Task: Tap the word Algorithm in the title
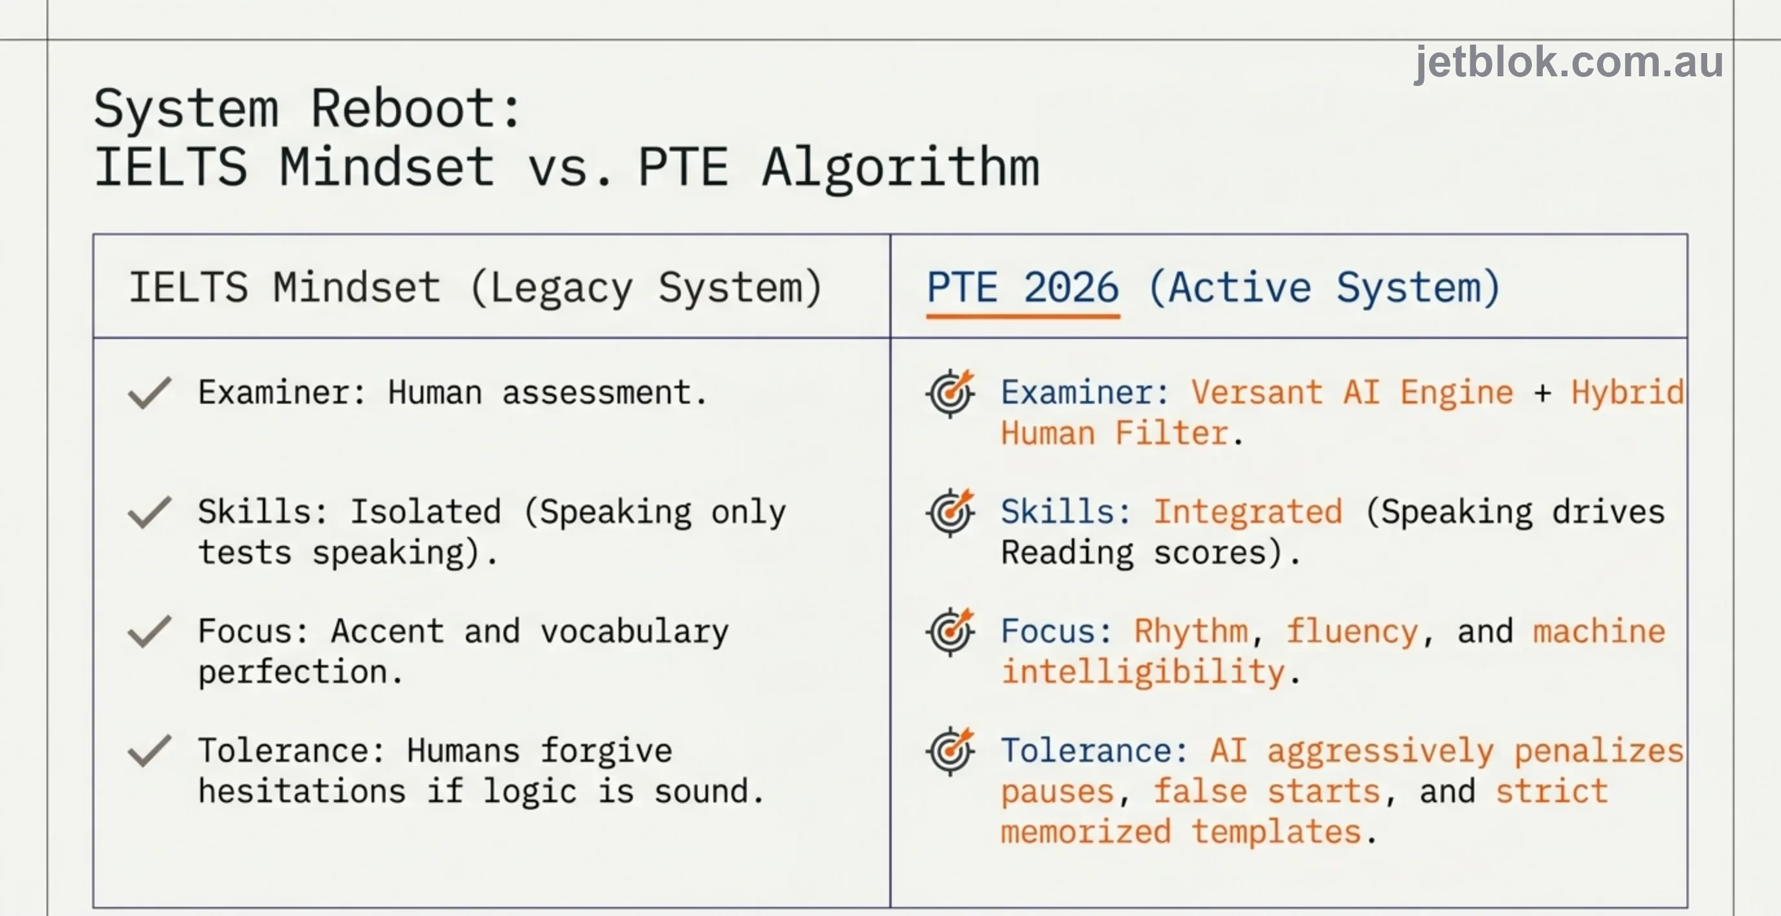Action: (901, 169)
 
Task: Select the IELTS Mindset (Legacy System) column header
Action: (476, 289)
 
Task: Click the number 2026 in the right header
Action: (1071, 288)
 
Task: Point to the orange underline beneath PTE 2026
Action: (1023, 316)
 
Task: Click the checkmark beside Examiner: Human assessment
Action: (149, 393)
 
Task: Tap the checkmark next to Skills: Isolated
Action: (149, 512)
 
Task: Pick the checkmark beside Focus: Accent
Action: (149, 631)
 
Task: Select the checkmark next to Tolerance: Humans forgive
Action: (149, 751)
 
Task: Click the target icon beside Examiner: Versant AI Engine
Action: (951, 393)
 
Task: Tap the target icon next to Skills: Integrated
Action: (951, 512)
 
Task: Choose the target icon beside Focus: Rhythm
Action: (951, 631)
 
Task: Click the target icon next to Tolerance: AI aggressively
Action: (951, 751)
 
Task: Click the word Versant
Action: (1257, 393)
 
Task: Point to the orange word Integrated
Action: (1248, 512)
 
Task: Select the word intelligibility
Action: (1143, 673)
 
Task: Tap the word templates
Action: (1276, 833)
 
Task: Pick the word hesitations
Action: (302, 792)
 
